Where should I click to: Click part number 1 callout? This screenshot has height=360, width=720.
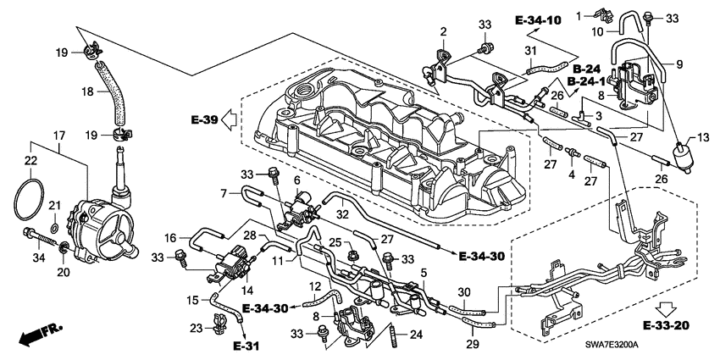[579, 15]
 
